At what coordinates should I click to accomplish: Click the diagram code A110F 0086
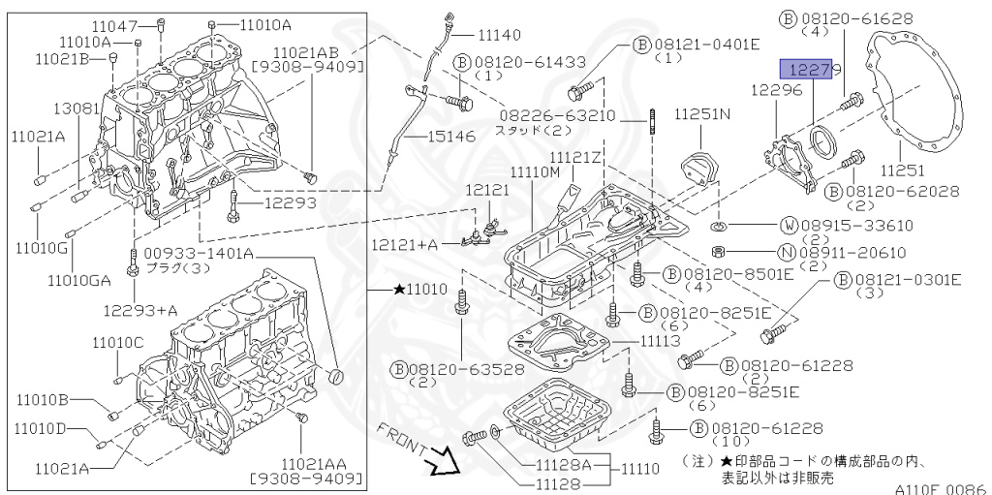click(x=938, y=489)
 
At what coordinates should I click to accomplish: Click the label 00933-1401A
click(x=199, y=254)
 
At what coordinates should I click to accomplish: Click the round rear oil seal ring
click(x=823, y=140)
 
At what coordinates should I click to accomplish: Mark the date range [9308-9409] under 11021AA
click(x=306, y=479)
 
